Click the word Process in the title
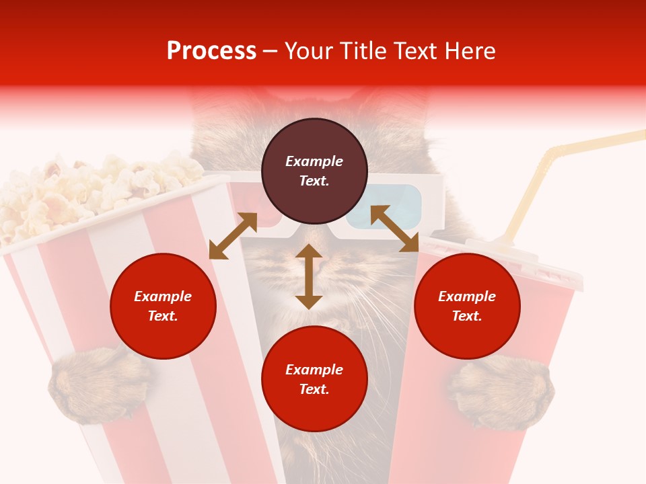211,51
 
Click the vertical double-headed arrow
309,277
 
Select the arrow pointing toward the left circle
233,236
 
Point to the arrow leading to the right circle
394,229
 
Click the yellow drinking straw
532,195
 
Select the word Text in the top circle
314,181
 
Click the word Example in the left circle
163,296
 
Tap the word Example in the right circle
467,296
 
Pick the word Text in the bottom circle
314,389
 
